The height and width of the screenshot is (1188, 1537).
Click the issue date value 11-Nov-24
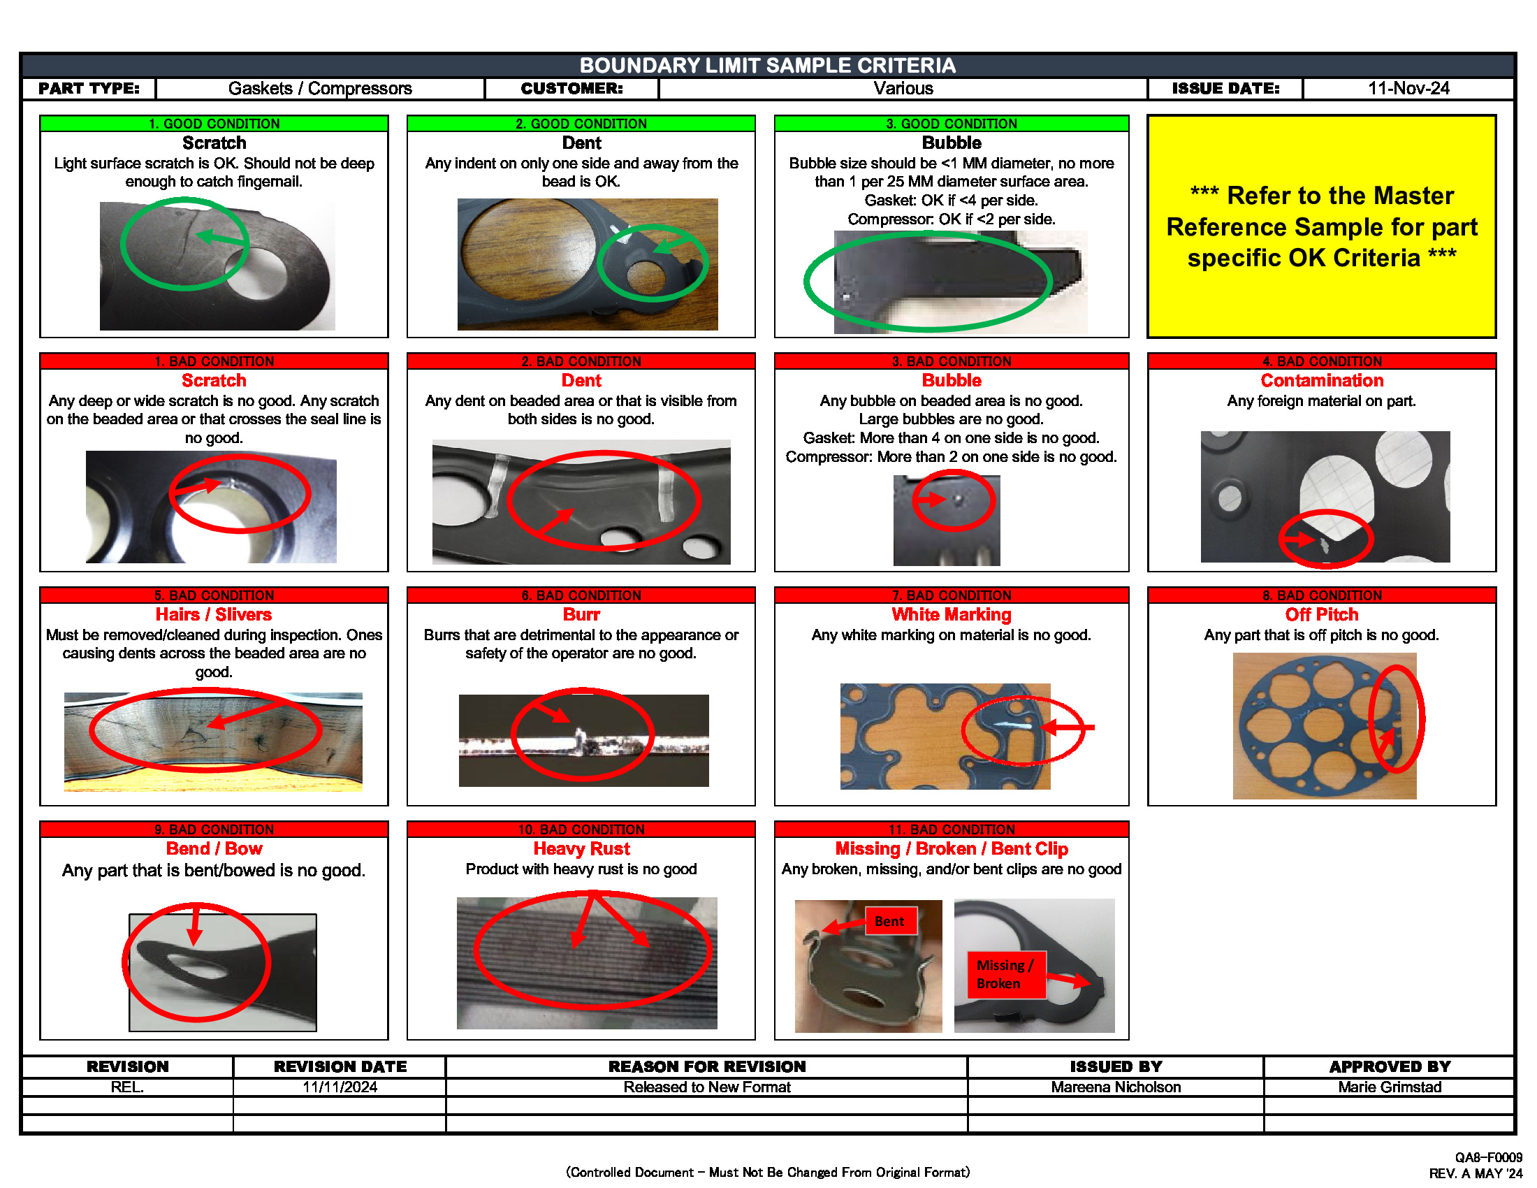pos(1408,89)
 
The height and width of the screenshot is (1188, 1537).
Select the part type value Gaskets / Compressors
pos(319,89)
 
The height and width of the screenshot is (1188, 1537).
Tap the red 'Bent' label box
pos(889,921)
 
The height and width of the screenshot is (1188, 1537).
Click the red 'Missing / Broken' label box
pos(1004,974)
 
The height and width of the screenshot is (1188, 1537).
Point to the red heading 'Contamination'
pos(1321,381)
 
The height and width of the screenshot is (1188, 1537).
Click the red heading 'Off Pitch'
pos(1321,615)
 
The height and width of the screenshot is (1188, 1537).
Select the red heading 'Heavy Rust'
pos(581,849)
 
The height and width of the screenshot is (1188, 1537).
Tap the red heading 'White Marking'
pos(951,615)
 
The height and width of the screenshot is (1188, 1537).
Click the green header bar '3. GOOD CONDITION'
pos(951,124)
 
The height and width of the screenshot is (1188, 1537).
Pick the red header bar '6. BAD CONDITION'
pos(581,595)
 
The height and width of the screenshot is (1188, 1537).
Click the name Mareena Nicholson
pos(1116,1087)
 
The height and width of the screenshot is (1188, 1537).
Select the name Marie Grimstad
pos(1389,1087)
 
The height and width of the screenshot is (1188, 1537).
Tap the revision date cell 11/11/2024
pos(340,1087)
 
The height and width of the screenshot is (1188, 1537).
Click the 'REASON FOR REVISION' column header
pos(706,1067)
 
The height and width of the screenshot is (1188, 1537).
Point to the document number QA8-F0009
pos(1487,1158)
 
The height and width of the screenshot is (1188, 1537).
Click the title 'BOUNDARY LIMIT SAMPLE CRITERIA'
pos(767,66)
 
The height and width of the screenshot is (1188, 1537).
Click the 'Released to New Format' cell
pos(706,1087)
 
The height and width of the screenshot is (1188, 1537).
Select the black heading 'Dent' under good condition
pos(581,143)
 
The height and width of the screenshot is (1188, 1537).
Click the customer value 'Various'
pos(903,89)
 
